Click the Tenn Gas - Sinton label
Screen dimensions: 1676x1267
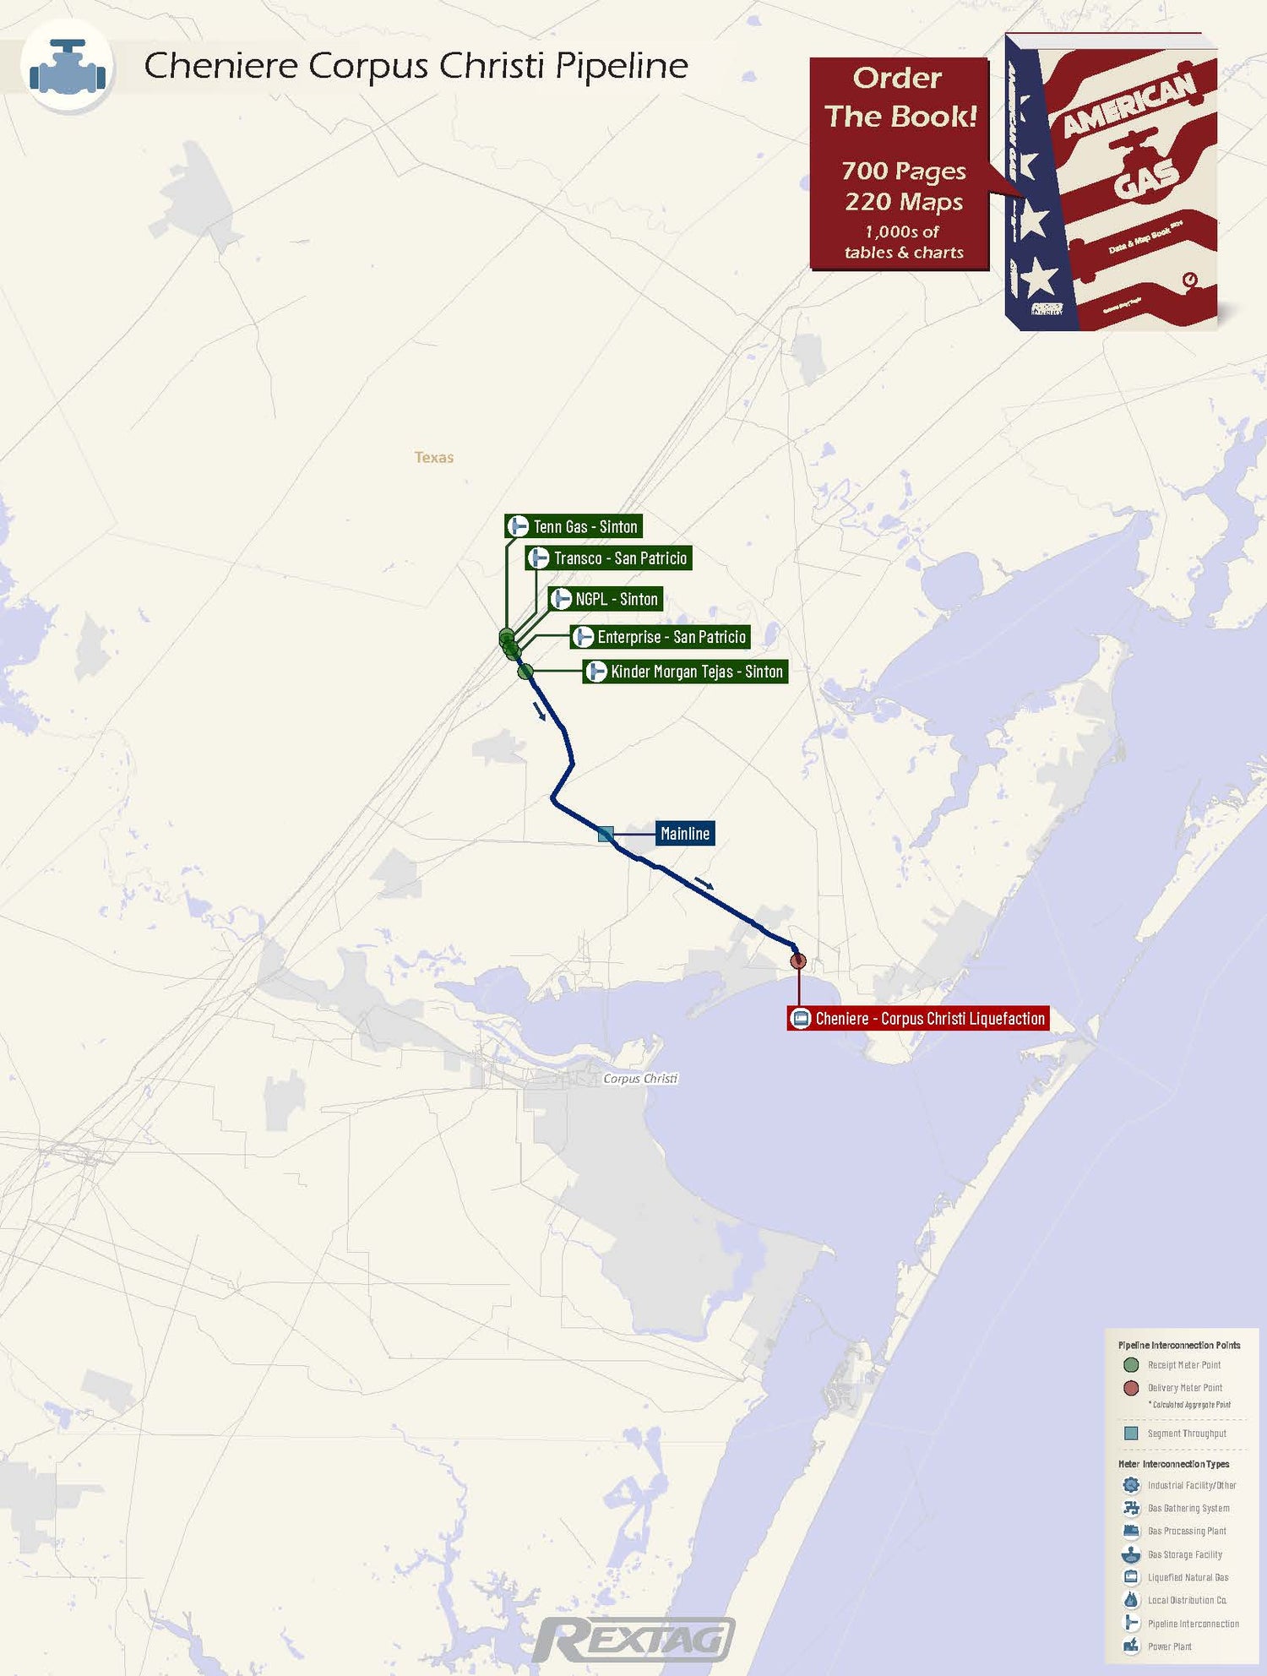[x=574, y=526]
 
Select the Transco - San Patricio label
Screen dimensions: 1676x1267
[x=609, y=558]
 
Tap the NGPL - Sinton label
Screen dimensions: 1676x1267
[x=606, y=599]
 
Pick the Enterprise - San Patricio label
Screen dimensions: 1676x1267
[x=661, y=637]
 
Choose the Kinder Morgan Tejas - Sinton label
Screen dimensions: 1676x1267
[x=686, y=672]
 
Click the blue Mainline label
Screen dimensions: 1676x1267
[x=685, y=834]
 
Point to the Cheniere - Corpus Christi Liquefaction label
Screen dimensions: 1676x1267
[x=918, y=1019]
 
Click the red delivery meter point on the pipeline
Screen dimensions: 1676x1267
[x=798, y=960]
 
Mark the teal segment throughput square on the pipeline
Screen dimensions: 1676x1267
[x=605, y=835]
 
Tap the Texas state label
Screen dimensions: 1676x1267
[x=434, y=458]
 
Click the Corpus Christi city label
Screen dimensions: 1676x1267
[x=640, y=1079]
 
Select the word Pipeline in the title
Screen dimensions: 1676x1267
[x=622, y=66]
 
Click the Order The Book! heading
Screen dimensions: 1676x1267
[x=900, y=97]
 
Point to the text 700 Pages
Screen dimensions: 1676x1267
[x=903, y=171]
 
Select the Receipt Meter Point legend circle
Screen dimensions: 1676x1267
[x=1131, y=1365]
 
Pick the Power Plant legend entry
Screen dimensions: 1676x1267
[x=1170, y=1646]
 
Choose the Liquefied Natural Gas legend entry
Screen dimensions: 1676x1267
[x=1188, y=1577]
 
